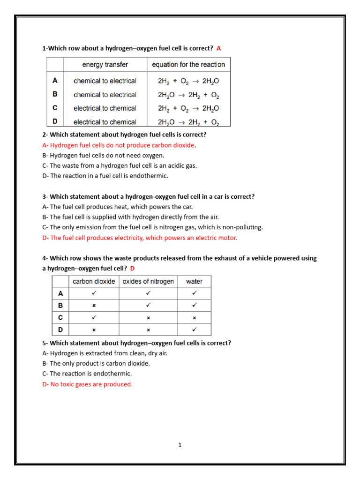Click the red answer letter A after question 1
coord(218,48)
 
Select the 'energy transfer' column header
coord(105,65)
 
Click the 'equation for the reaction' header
coord(188,65)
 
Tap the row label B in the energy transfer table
coord(55,94)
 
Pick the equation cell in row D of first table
coord(188,122)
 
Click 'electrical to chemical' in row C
coord(105,108)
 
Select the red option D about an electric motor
coord(140,238)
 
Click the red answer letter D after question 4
coord(132,269)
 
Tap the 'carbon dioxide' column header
coord(94,282)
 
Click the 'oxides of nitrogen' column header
coord(148,282)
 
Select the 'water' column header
coord(194,282)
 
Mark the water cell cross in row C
coord(194,318)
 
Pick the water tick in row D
coord(194,330)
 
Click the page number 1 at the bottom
coord(180,445)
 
